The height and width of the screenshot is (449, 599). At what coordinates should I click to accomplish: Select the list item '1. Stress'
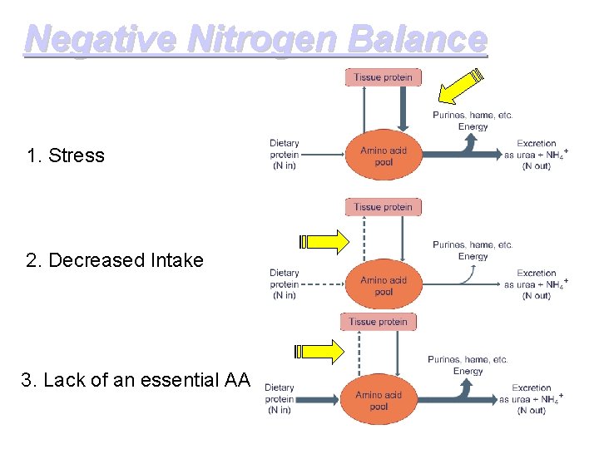point(66,155)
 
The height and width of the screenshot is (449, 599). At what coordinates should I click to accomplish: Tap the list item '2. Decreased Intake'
point(115,260)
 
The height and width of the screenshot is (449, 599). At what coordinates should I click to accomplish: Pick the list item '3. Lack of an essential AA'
point(135,380)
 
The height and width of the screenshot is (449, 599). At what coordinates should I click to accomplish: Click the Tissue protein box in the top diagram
point(383,77)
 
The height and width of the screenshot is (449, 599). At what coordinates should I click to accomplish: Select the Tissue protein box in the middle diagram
point(383,207)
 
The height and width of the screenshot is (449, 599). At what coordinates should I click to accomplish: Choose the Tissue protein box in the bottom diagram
point(378,322)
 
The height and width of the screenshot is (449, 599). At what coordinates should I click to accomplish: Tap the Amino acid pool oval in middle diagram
point(383,286)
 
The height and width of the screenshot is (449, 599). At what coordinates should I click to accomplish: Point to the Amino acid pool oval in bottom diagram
point(379,401)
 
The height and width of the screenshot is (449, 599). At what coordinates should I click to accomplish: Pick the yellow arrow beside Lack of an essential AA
point(320,352)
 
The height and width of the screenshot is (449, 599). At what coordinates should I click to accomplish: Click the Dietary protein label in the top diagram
point(284,155)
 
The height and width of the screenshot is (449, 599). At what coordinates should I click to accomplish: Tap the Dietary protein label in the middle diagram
point(284,284)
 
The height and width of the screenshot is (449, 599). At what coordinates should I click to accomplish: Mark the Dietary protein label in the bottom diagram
point(279,398)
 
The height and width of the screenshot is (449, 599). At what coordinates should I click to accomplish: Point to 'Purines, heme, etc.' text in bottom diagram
point(468,359)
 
